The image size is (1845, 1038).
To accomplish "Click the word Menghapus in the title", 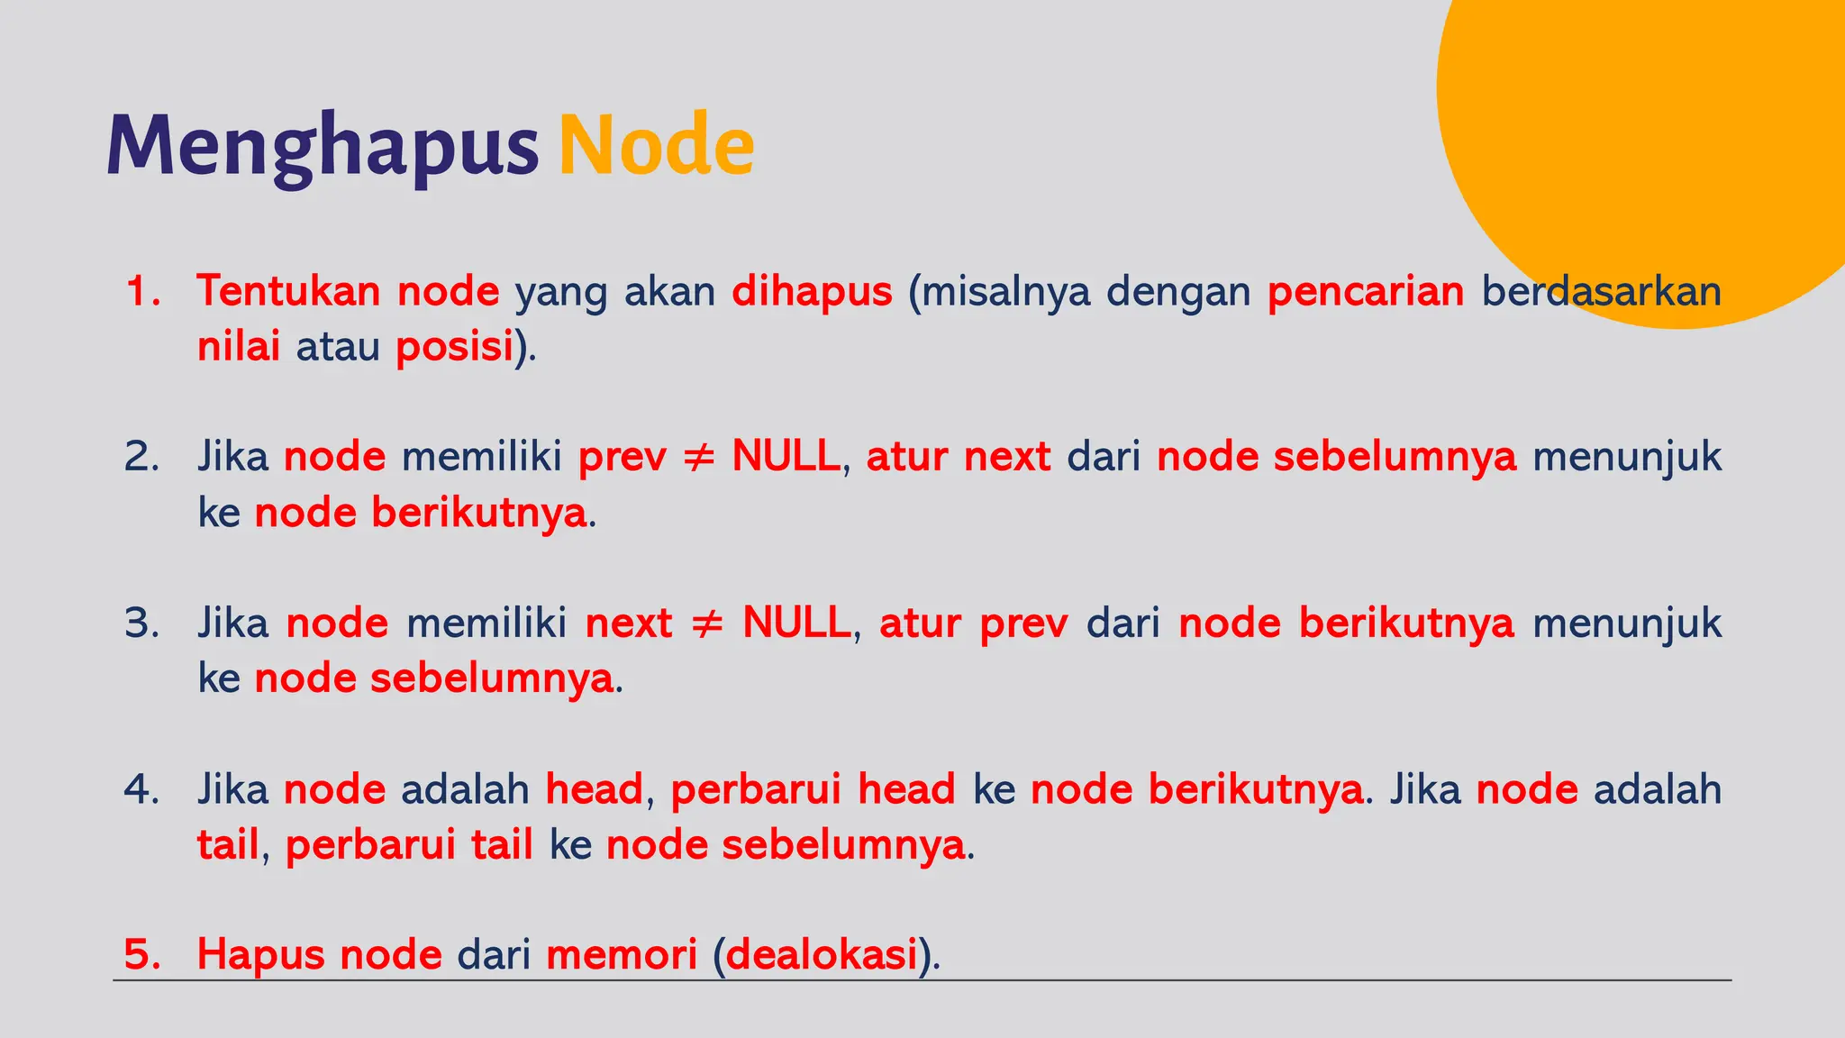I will tap(323, 146).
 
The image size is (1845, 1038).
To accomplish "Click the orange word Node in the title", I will tap(656, 146).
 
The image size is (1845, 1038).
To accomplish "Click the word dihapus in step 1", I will tap(812, 291).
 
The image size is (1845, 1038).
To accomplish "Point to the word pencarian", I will tap(1365, 291).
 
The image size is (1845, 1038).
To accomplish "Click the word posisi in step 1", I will tap(454, 347).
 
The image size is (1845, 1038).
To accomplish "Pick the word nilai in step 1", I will tap(239, 347).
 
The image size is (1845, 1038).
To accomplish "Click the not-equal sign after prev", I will tap(699, 457).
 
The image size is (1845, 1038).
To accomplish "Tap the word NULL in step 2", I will tap(786, 457).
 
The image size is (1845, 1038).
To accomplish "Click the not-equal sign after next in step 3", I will tap(707, 624).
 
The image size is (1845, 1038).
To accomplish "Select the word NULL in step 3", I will tap(796, 624).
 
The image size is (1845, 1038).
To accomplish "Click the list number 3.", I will tap(141, 624).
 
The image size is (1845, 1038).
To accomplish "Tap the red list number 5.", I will tap(141, 955).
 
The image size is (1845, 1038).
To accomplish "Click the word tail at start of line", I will tap(228, 845).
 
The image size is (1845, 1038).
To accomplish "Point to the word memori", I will tap(622, 955).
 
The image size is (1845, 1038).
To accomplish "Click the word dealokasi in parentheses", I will tap(822, 955).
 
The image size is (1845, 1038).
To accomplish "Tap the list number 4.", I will tap(141, 789).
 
